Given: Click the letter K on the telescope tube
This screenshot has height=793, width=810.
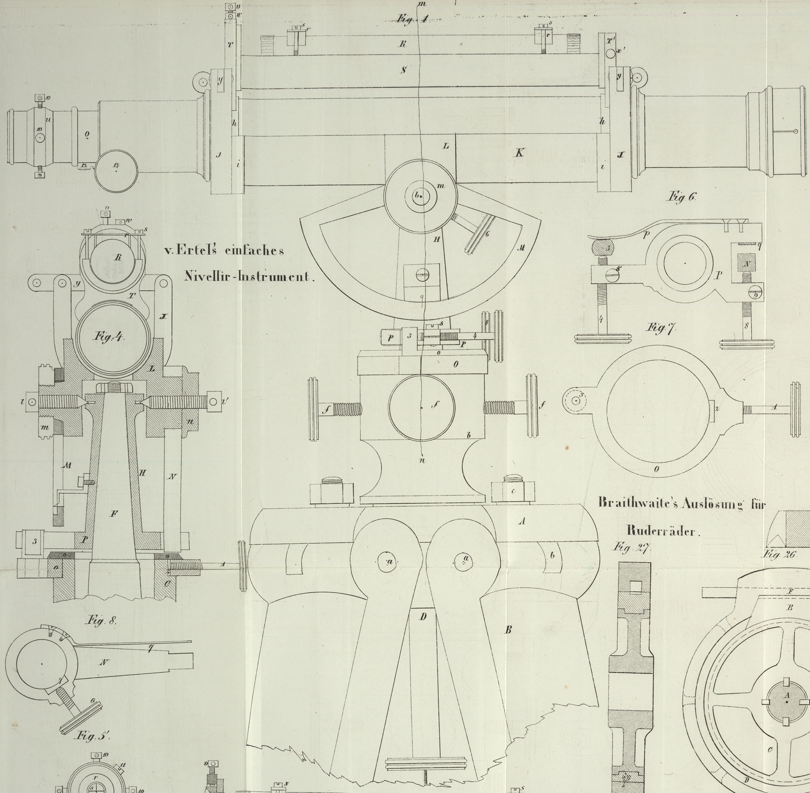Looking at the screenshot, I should pyautogui.click(x=519, y=153).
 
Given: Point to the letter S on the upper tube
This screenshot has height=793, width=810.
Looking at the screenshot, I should pyautogui.click(x=403, y=70).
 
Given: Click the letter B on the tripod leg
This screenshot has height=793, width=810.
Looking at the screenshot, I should pyautogui.click(x=508, y=630).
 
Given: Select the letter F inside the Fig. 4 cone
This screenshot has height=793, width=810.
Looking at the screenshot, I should pyautogui.click(x=113, y=514).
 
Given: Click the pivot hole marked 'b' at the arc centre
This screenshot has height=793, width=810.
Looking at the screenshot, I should pyautogui.click(x=420, y=195).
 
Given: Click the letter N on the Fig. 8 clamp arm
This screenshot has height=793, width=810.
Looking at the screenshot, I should pyautogui.click(x=103, y=662).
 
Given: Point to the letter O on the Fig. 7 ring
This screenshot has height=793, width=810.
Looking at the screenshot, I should pyautogui.click(x=657, y=469).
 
